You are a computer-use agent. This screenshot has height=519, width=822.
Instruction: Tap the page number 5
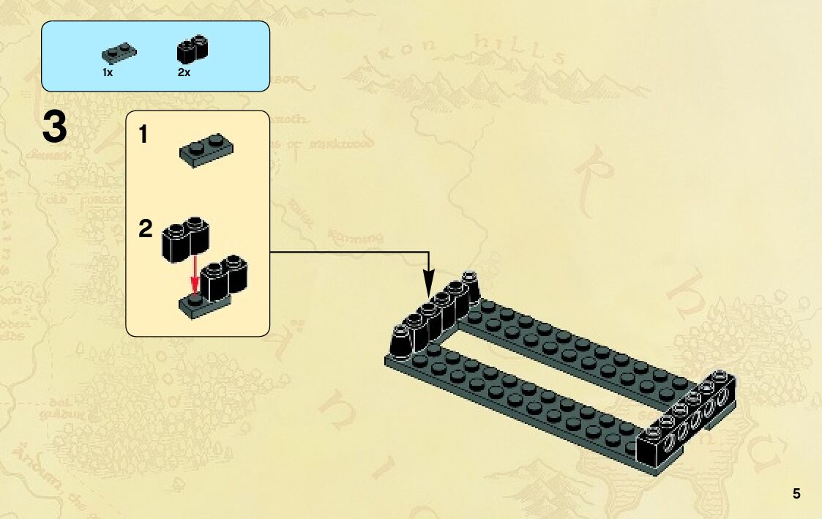[x=796, y=493]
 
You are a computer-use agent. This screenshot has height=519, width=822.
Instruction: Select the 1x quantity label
[x=107, y=73]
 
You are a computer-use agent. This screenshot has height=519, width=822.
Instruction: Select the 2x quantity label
[x=184, y=73]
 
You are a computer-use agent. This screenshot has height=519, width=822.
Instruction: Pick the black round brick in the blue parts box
[x=193, y=49]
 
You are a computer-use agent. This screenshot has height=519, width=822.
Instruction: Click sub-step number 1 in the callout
[x=143, y=135]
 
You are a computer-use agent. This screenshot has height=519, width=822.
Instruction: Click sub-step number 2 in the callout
[x=146, y=230]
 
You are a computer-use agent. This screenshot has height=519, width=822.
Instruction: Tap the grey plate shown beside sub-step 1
[x=207, y=151]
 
